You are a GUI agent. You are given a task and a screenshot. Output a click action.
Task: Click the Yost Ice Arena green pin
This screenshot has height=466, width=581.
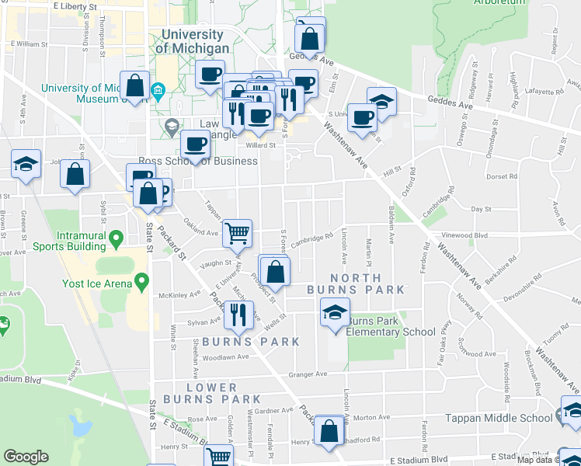click(141, 281)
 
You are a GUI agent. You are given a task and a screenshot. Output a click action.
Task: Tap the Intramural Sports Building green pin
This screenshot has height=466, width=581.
click(116, 237)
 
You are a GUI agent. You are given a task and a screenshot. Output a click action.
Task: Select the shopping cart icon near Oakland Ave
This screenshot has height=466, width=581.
click(237, 231)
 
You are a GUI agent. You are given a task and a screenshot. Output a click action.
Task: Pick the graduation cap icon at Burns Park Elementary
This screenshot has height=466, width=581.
click(335, 312)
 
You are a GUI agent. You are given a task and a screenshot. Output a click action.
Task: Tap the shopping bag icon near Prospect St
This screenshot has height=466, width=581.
click(275, 271)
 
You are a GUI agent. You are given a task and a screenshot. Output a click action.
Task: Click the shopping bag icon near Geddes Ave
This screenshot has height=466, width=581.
click(309, 37)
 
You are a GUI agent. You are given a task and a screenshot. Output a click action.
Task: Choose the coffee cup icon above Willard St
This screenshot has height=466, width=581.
click(196, 144)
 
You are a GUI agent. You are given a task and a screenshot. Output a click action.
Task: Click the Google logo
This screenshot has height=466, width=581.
click(26, 457)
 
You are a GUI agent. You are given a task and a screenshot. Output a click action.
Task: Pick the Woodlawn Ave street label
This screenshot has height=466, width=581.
click(225, 357)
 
